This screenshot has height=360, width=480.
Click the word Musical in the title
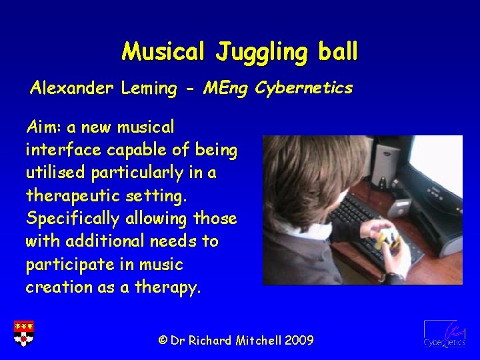pos(165,51)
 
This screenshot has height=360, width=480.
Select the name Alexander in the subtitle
pos(72,88)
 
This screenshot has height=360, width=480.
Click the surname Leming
pos(151,88)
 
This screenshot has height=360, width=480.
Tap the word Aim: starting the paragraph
pos(43,127)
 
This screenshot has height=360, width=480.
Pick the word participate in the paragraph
pos(67,265)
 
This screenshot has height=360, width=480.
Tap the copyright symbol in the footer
pos(163,341)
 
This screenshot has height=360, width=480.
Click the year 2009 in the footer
pos(299,341)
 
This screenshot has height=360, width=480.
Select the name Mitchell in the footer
pos(257,341)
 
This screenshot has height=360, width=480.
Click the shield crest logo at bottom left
pos(24,333)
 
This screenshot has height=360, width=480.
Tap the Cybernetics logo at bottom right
pos(443,333)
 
